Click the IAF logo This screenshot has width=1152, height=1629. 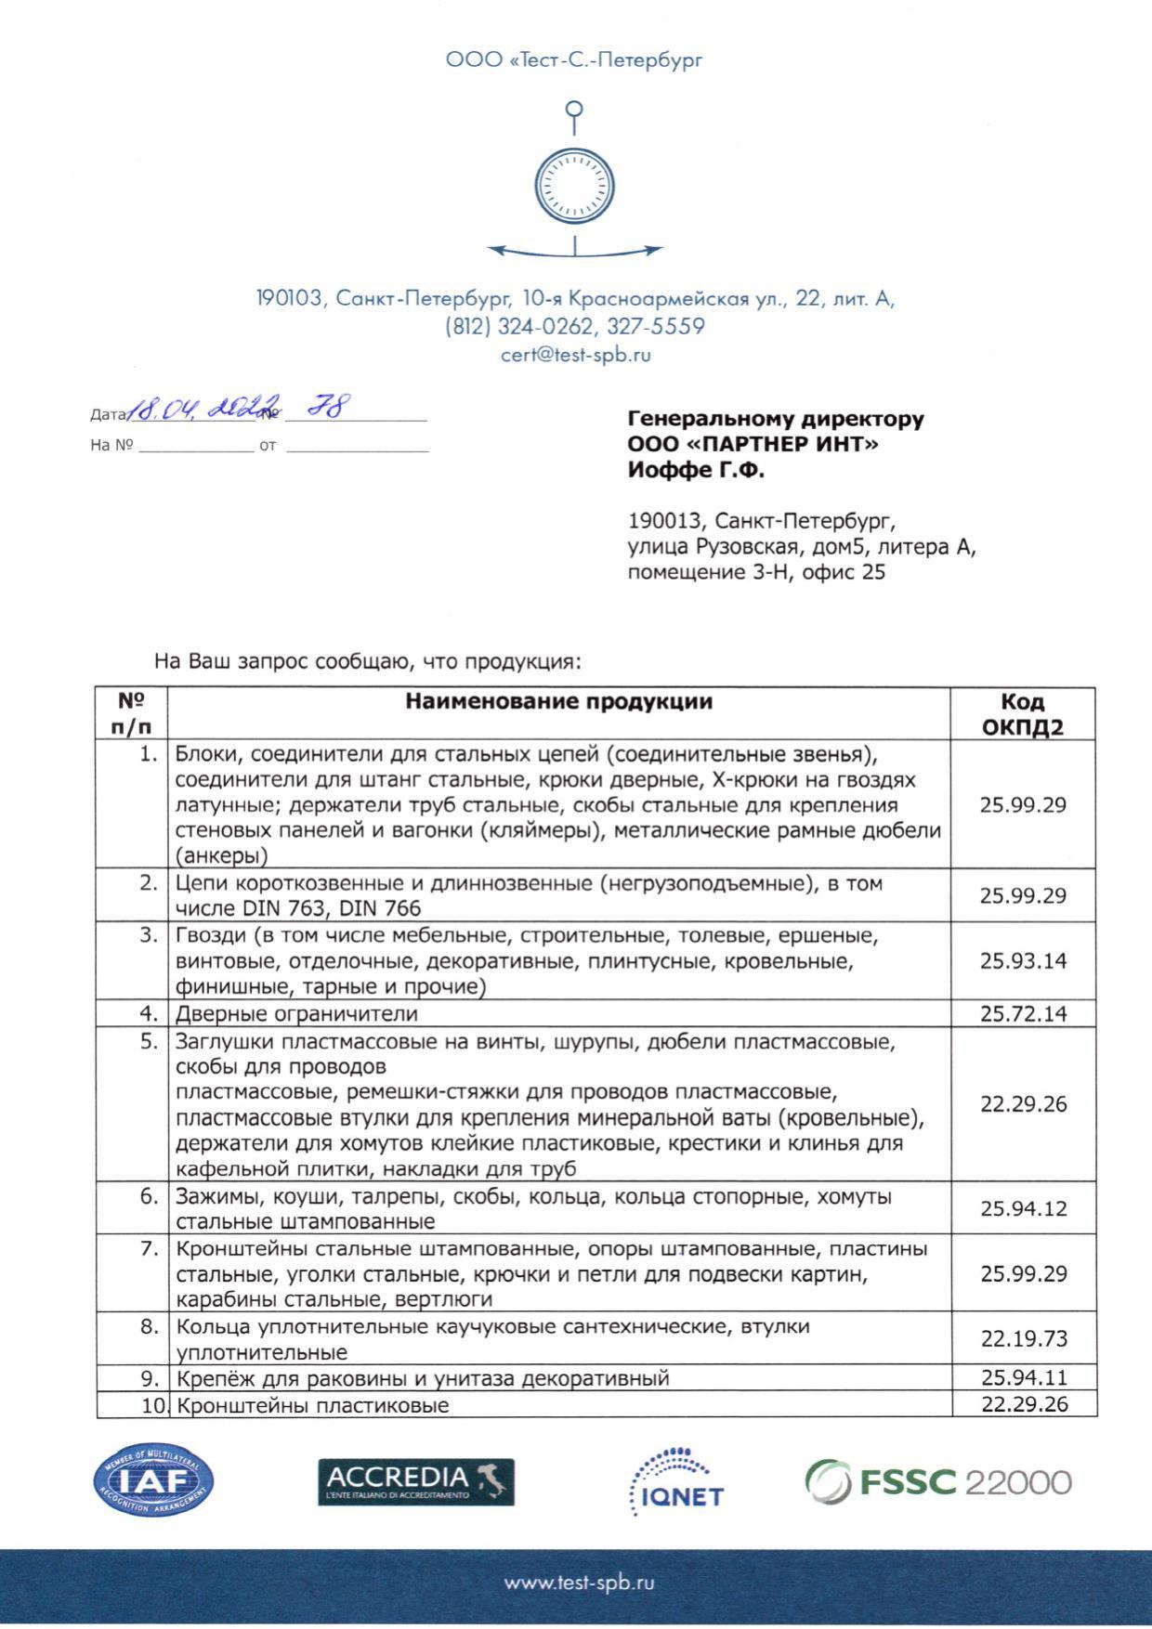pyautogui.click(x=153, y=1481)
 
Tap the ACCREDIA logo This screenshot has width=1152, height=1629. pyautogui.click(x=415, y=1482)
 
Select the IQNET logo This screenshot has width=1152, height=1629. pyautogui.click(x=677, y=1481)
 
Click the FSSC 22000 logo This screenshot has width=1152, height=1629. pyautogui.click(x=937, y=1481)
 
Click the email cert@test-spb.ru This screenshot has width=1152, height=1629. pyautogui.click(x=575, y=355)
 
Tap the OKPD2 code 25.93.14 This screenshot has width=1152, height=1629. pyautogui.click(x=1023, y=960)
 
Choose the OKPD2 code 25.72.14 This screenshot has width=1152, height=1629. pyautogui.click(x=1023, y=1013)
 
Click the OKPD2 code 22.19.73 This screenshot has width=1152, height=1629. pyautogui.click(x=1024, y=1338)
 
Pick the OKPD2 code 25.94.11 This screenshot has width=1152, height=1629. pyautogui.click(x=1024, y=1377)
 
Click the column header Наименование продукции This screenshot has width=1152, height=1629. pyautogui.click(x=558, y=701)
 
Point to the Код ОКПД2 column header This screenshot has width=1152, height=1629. pyautogui.click(x=1023, y=713)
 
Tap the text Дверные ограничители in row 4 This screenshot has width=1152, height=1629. pyautogui.click(x=296, y=1013)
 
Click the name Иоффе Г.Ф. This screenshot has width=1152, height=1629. pyautogui.click(x=696, y=471)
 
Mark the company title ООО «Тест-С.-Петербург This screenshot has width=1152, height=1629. pyautogui.click(x=574, y=60)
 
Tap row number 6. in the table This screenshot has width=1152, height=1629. pyautogui.click(x=150, y=1196)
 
